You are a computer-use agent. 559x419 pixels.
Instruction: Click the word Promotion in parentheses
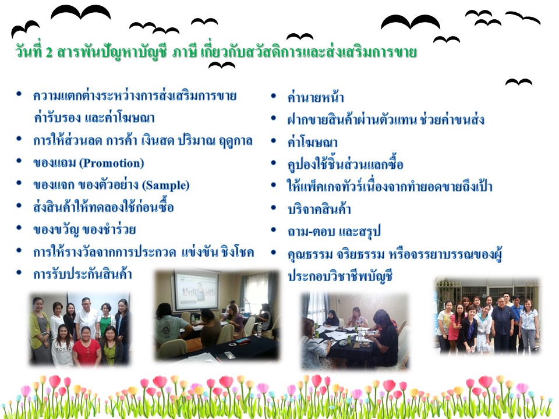click(112, 163)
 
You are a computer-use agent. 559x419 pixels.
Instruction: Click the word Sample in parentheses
click(166, 185)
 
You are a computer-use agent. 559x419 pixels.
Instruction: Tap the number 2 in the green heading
click(49, 52)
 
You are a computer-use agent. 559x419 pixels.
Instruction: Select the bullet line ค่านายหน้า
click(316, 97)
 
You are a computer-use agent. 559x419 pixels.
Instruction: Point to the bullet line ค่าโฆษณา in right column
click(312, 142)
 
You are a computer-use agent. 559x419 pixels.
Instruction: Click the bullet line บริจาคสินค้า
click(319, 209)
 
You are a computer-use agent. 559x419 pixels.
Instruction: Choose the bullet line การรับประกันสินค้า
click(82, 274)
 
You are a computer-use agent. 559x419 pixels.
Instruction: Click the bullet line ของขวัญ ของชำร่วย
click(84, 229)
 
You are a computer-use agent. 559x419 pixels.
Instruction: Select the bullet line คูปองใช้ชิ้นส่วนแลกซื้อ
click(345, 164)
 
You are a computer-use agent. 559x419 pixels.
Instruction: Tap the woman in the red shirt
click(86, 345)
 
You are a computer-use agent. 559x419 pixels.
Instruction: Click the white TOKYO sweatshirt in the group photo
click(63, 351)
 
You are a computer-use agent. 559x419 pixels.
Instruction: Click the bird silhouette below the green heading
click(222, 65)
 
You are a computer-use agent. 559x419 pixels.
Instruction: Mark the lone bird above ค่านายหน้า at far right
click(519, 82)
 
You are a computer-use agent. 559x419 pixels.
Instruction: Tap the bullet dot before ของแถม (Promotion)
click(19, 161)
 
